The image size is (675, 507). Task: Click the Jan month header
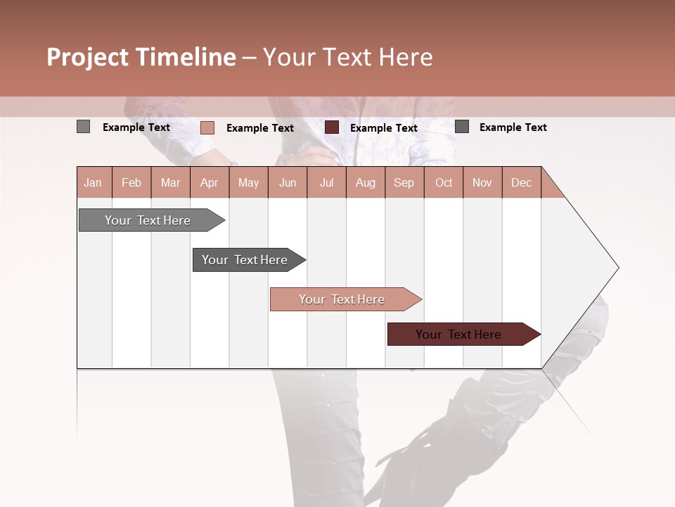click(94, 182)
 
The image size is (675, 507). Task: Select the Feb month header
click(131, 182)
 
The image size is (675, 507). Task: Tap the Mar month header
click(170, 182)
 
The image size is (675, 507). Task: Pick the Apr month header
click(210, 182)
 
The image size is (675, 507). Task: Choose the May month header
click(248, 182)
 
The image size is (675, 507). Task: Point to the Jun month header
click(288, 182)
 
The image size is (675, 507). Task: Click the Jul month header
click(326, 182)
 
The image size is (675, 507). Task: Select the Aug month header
click(366, 182)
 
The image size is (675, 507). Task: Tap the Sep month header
click(404, 182)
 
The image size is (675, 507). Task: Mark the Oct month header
click(444, 182)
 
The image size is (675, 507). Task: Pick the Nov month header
click(482, 182)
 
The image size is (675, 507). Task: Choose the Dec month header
click(522, 182)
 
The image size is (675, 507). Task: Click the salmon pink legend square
click(207, 127)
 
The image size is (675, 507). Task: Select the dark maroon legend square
click(332, 127)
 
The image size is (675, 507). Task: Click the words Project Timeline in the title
click(141, 57)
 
